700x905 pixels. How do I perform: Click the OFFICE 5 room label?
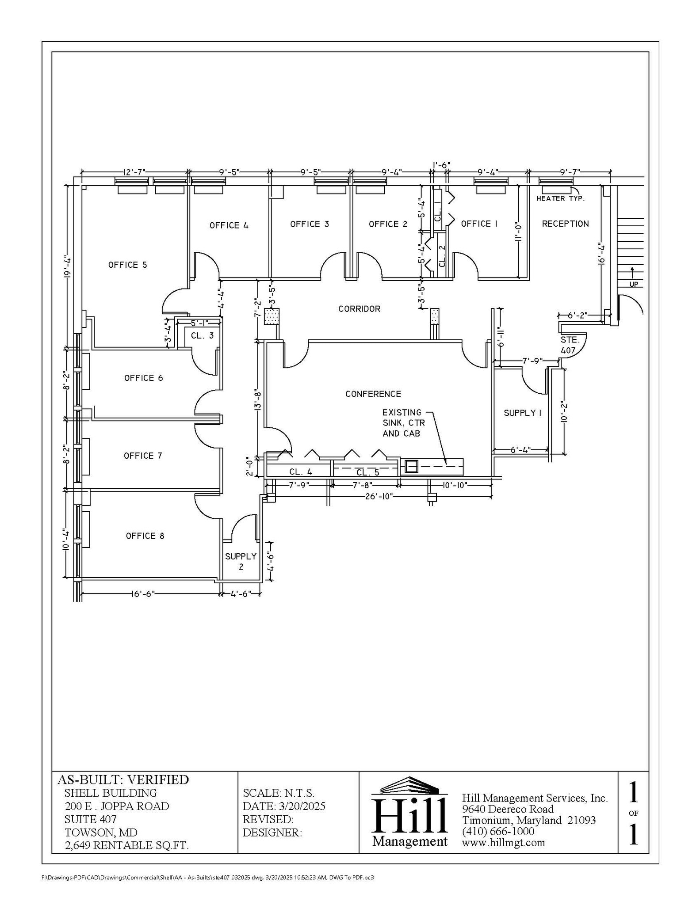(x=127, y=265)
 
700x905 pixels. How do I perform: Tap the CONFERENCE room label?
(x=373, y=394)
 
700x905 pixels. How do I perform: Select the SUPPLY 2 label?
(x=241, y=561)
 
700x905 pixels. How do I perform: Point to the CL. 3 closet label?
(x=202, y=335)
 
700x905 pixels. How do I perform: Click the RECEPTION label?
(x=565, y=224)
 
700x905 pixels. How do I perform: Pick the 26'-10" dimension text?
(x=379, y=496)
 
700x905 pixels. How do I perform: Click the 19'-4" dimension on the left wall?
(x=67, y=267)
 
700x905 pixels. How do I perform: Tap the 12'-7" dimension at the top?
(x=134, y=172)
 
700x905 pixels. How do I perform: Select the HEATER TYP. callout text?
(x=560, y=198)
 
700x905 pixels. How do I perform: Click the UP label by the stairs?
(x=634, y=284)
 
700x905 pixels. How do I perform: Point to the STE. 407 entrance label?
(x=569, y=345)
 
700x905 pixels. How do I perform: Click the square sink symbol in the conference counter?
(x=411, y=466)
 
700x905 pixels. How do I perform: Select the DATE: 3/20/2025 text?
(x=284, y=806)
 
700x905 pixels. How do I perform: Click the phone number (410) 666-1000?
(x=498, y=831)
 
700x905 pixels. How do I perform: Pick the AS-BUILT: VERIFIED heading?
(x=123, y=780)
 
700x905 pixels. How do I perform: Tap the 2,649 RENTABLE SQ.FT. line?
(x=126, y=845)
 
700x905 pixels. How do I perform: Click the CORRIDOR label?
(x=359, y=309)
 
